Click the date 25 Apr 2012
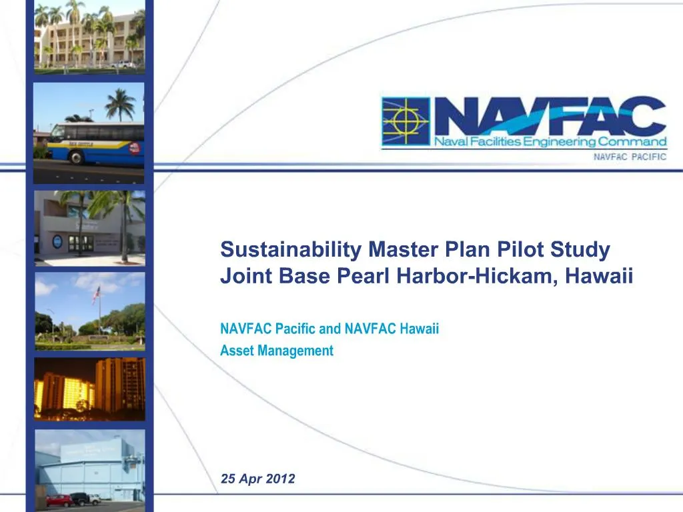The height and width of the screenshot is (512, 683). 257,479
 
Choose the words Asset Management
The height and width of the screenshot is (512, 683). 276,351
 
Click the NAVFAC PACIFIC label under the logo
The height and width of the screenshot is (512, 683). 630,158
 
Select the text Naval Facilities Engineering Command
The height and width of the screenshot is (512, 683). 550,141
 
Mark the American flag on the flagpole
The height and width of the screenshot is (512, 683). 97,293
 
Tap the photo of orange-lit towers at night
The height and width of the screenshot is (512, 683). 89,389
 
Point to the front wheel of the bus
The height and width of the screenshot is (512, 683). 75,158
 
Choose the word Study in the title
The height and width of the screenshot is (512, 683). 585,250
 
